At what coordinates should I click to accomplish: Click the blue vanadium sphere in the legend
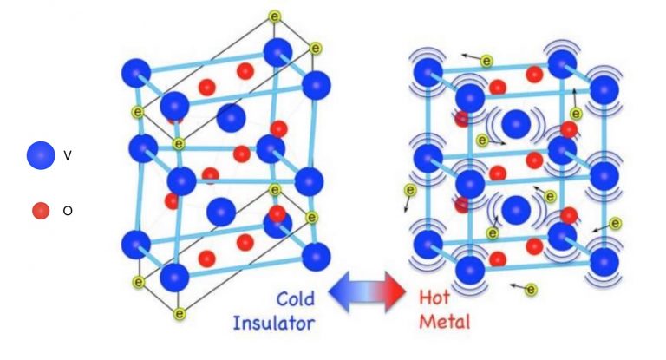pyautogui.click(x=41, y=155)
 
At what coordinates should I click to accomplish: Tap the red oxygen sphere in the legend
pyautogui.click(x=41, y=211)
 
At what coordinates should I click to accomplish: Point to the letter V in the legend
pyautogui.click(x=67, y=155)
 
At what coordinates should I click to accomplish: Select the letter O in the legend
pyautogui.click(x=68, y=211)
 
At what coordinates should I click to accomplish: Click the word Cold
pyautogui.click(x=296, y=299)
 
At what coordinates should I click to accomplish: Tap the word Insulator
pyautogui.click(x=274, y=323)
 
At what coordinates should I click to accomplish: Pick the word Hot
pyautogui.click(x=434, y=297)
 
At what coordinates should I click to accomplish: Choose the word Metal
pyautogui.click(x=445, y=321)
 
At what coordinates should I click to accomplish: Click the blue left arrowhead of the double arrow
pyautogui.click(x=339, y=292)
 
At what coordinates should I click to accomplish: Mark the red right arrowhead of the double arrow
pyautogui.click(x=395, y=292)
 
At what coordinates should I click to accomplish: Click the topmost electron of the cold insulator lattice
pyautogui.click(x=275, y=16)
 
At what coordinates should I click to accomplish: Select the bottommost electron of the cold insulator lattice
pyautogui.click(x=180, y=314)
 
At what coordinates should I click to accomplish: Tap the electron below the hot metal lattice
pyautogui.click(x=531, y=290)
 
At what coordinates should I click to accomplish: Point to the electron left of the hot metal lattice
pyautogui.click(x=410, y=190)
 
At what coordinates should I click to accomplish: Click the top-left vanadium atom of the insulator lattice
pyautogui.click(x=136, y=73)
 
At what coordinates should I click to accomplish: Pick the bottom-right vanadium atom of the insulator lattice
pyautogui.click(x=316, y=257)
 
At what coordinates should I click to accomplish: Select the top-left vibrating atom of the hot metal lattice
pyautogui.click(x=428, y=72)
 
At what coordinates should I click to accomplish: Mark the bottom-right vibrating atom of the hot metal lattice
pyautogui.click(x=604, y=262)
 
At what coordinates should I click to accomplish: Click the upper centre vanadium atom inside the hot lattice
pyautogui.click(x=516, y=124)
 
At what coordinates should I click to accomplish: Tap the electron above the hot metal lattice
pyautogui.click(x=486, y=62)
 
